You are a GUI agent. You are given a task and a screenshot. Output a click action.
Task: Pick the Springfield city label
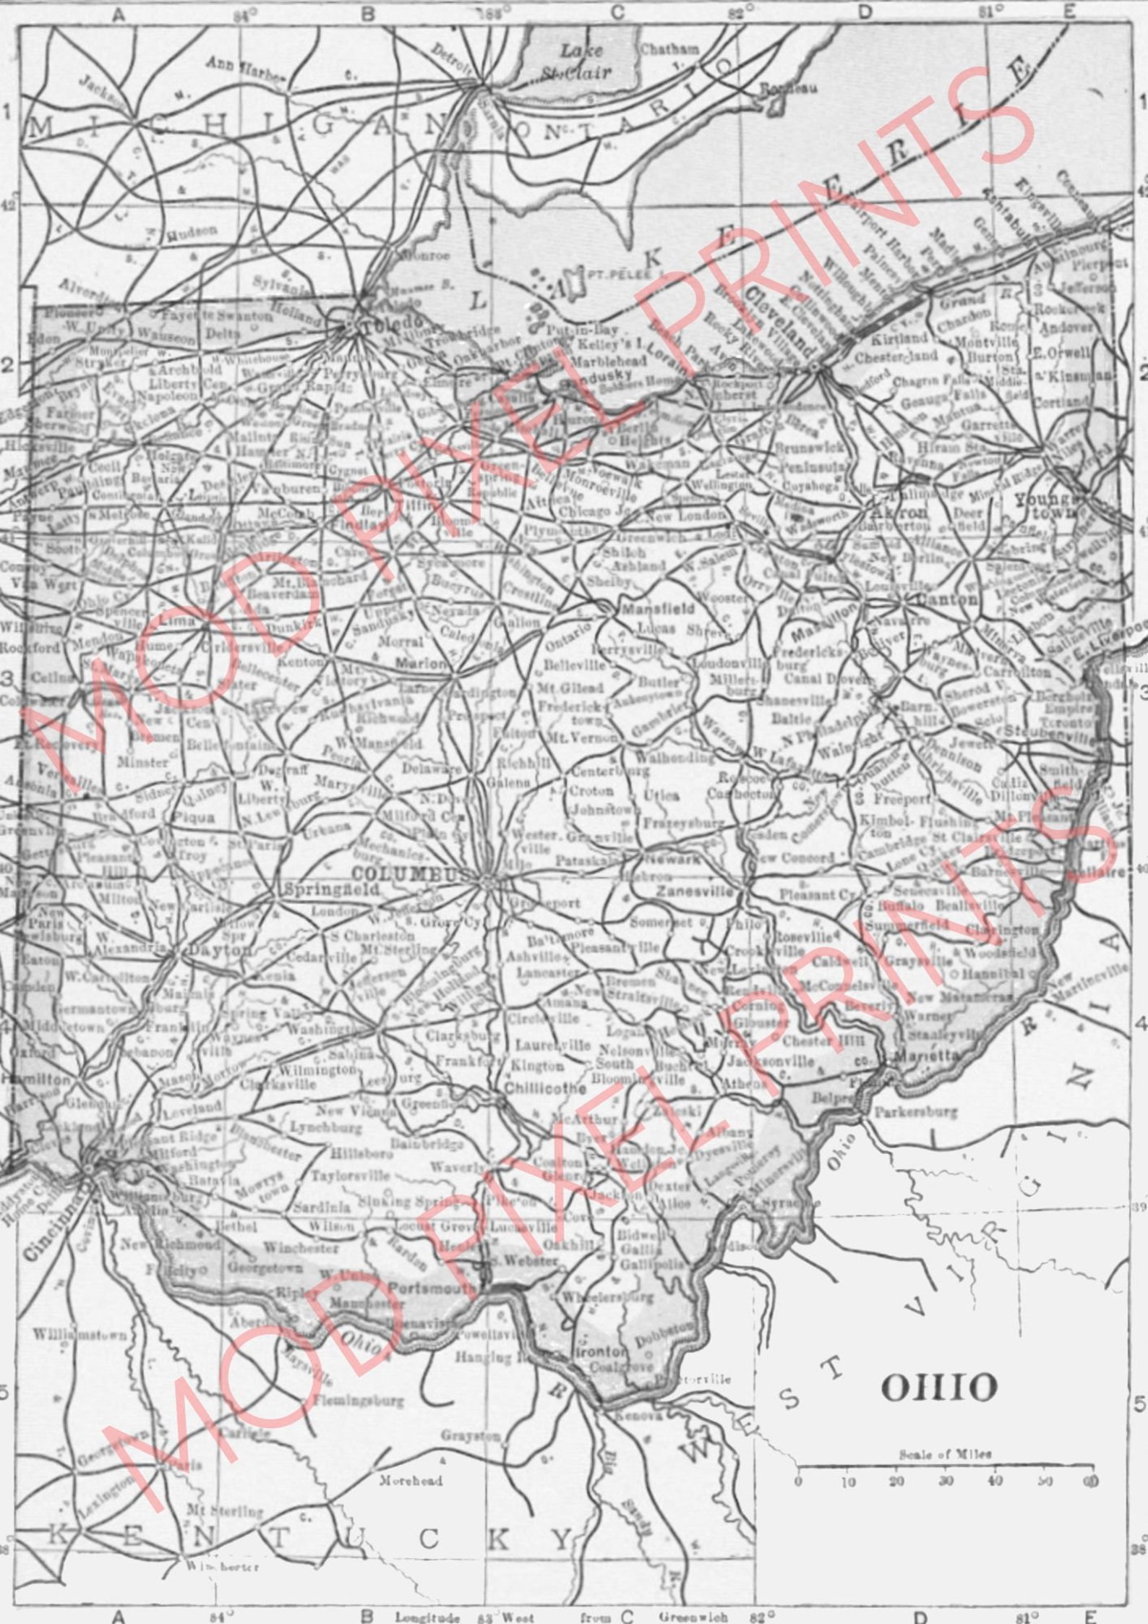tap(333, 891)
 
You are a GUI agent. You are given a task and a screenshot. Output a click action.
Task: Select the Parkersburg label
tap(916, 1111)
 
